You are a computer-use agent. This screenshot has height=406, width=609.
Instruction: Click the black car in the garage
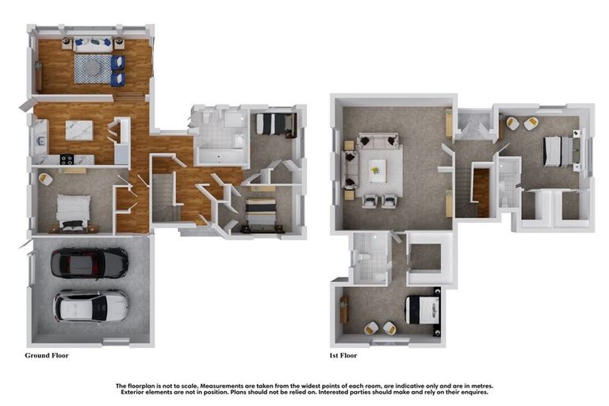[90, 262]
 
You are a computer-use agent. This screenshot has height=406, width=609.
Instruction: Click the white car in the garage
[91, 306]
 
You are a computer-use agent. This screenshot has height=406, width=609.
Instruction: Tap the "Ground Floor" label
[47, 355]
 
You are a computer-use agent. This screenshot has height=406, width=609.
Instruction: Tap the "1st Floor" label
[343, 356]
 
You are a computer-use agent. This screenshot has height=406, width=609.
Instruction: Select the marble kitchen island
[79, 129]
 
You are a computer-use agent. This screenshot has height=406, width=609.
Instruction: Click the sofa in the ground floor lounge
[94, 44]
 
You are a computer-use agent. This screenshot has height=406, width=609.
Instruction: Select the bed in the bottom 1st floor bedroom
[419, 308]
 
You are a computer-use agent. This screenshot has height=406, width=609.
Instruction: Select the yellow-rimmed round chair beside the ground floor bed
[46, 180]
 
